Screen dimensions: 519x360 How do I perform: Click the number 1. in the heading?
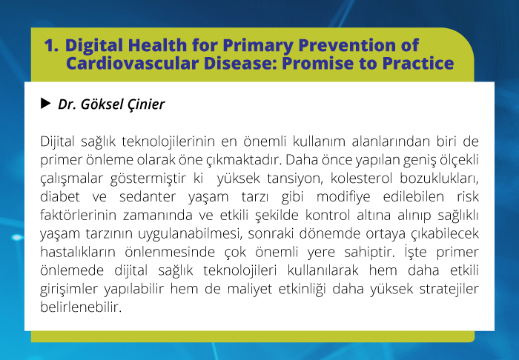coord(51,45)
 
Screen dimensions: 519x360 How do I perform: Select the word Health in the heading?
coord(157,45)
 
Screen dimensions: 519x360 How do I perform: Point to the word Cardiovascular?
coord(133,63)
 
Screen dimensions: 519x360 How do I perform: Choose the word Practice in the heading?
coord(417,63)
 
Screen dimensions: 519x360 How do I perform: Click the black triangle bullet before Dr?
coord(46,103)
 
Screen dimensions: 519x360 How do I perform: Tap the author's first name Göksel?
coord(98,104)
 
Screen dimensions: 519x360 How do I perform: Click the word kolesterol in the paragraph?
coord(362,179)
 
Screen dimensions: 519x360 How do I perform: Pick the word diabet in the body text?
coord(60,197)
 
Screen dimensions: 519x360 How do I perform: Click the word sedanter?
coord(148,197)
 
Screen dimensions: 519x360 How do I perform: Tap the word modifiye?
coord(343,197)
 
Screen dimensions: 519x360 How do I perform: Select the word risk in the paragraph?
coord(468,197)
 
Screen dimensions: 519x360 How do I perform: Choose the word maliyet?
coord(250,289)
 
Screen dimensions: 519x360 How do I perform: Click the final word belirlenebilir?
coord(81,307)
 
